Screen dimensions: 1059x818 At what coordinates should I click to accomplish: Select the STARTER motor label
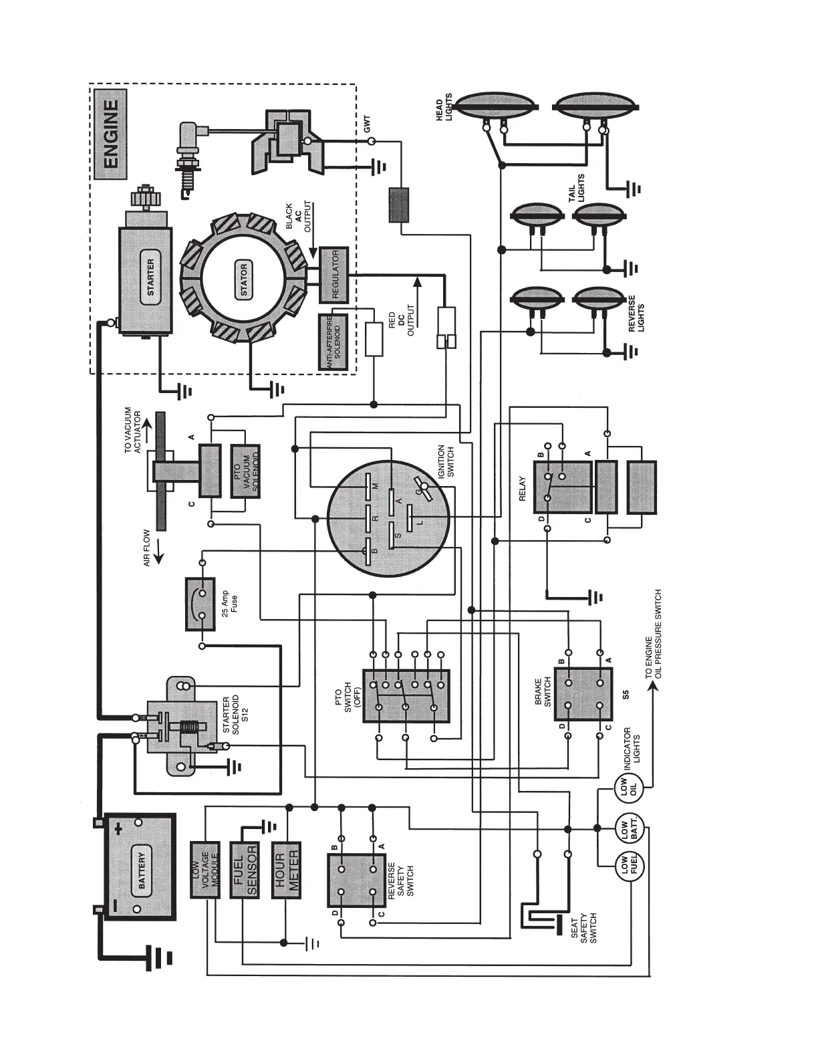click(150, 277)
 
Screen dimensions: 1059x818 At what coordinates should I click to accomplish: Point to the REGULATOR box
click(334, 273)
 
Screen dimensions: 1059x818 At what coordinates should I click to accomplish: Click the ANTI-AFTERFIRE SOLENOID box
click(335, 342)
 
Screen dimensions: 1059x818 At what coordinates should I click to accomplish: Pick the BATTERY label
click(142, 867)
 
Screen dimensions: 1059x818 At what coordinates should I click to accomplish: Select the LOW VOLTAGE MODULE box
click(205, 868)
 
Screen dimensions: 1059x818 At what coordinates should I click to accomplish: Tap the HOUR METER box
click(286, 868)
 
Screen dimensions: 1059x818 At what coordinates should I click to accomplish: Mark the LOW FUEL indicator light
click(628, 867)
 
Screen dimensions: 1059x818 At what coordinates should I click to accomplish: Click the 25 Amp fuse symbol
click(200, 604)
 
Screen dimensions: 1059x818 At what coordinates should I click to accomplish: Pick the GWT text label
click(367, 124)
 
